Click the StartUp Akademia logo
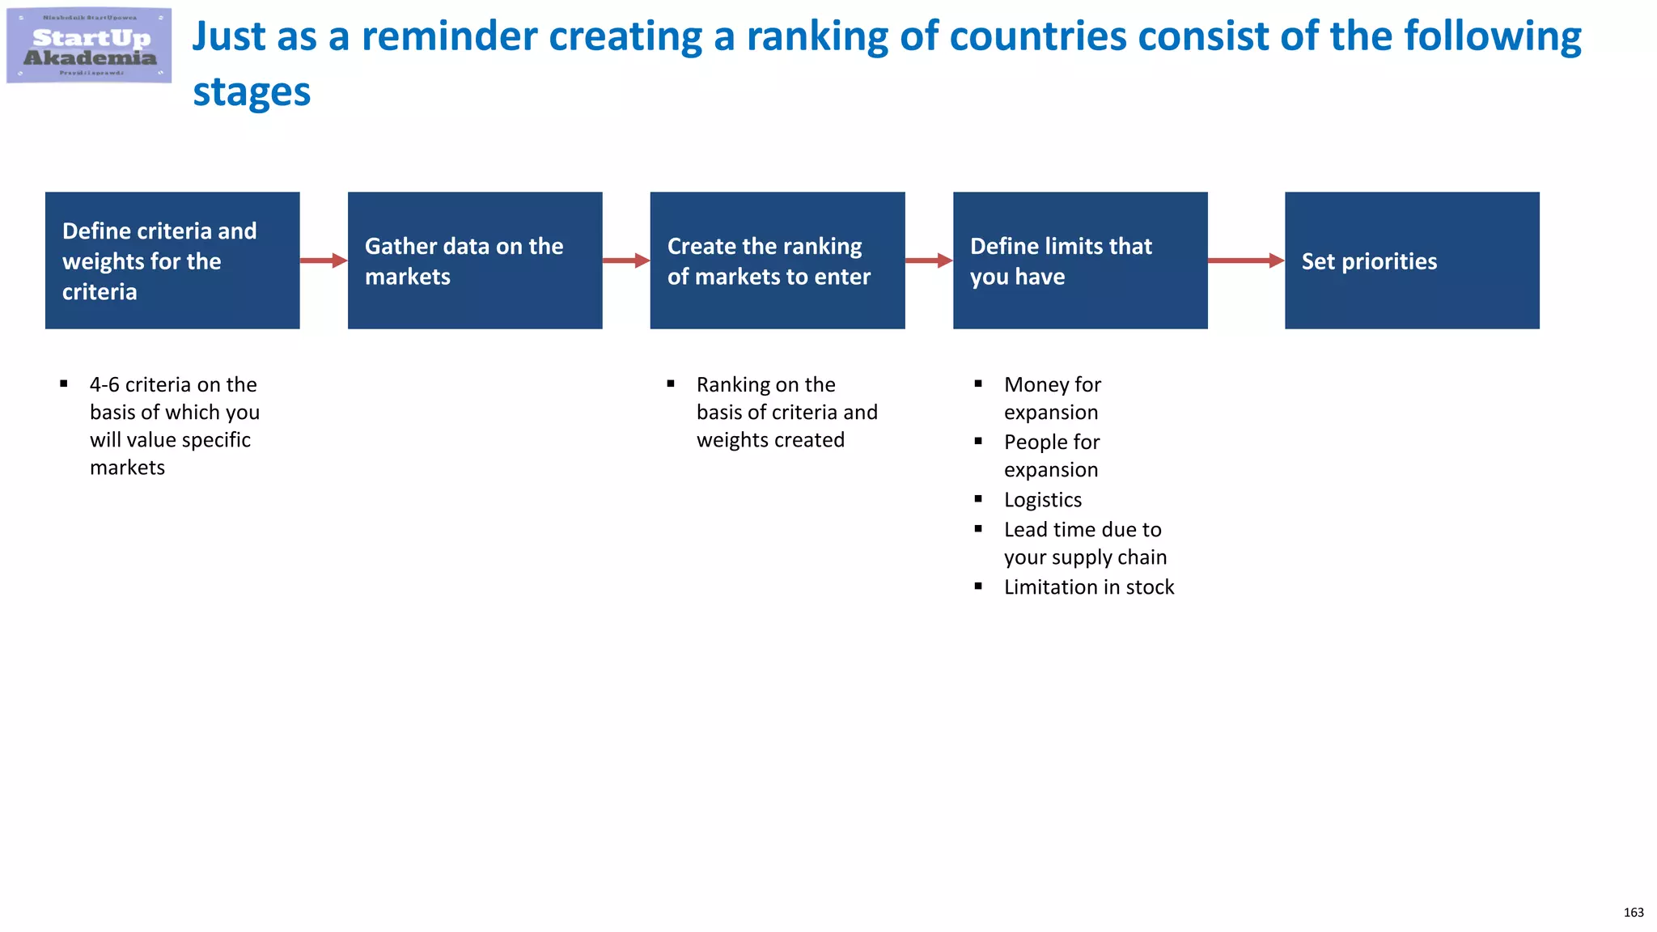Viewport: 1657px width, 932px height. pyautogui.click(x=89, y=46)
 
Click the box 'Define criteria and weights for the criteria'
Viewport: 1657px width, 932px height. pyautogui.click(x=172, y=261)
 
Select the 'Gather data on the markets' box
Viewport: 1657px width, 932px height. pyautogui.click(x=475, y=261)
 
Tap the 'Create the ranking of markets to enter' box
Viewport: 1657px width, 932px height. pyautogui.click(x=778, y=261)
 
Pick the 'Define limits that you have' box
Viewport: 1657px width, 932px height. pyautogui.click(x=1080, y=261)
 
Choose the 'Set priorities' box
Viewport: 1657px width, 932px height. pyautogui.click(x=1412, y=261)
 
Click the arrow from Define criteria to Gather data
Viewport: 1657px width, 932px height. pyautogui.click(x=323, y=261)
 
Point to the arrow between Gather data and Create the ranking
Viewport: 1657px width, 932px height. pyautogui.click(x=625, y=261)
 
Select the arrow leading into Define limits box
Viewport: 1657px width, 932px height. pyautogui.click(x=928, y=261)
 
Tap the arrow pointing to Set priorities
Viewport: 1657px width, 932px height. pyautogui.click(x=1245, y=261)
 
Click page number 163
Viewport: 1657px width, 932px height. pyautogui.click(x=1633, y=913)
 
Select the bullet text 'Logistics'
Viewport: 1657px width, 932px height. pyautogui.click(x=1042, y=500)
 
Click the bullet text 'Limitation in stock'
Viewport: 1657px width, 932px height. pyautogui.click(x=1088, y=587)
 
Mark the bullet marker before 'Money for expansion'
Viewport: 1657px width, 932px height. pyautogui.click(x=978, y=383)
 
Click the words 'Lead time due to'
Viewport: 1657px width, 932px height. pyautogui.click(x=1082, y=530)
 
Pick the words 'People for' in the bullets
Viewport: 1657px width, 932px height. pyautogui.click(x=1051, y=443)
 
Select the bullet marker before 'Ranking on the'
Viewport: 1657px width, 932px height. pyautogui.click(x=671, y=383)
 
